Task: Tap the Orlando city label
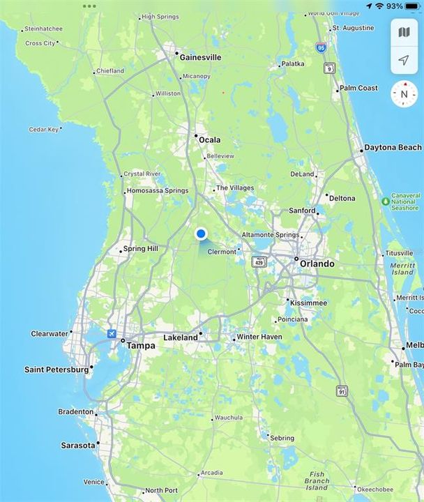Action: pos(317,264)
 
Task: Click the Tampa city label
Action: pos(141,344)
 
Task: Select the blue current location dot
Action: pos(201,234)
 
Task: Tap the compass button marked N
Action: pos(403,93)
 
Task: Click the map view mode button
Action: pos(404,32)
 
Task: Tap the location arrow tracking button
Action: pos(404,60)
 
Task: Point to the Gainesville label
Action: pos(200,57)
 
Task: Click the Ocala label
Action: pos(209,139)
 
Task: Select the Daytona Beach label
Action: pos(393,148)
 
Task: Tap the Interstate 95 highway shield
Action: pos(320,47)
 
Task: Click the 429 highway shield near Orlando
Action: pos(259,261)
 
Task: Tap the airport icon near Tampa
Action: pos(112,334)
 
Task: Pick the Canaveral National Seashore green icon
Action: pos(386,201)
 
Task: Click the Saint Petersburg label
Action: pos(56,370)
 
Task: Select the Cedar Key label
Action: pos(43,129)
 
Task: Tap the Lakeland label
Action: pos(180,337)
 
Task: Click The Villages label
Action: pos(234,188)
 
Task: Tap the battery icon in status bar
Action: pos(414,6)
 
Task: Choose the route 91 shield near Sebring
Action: pos(342,390)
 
